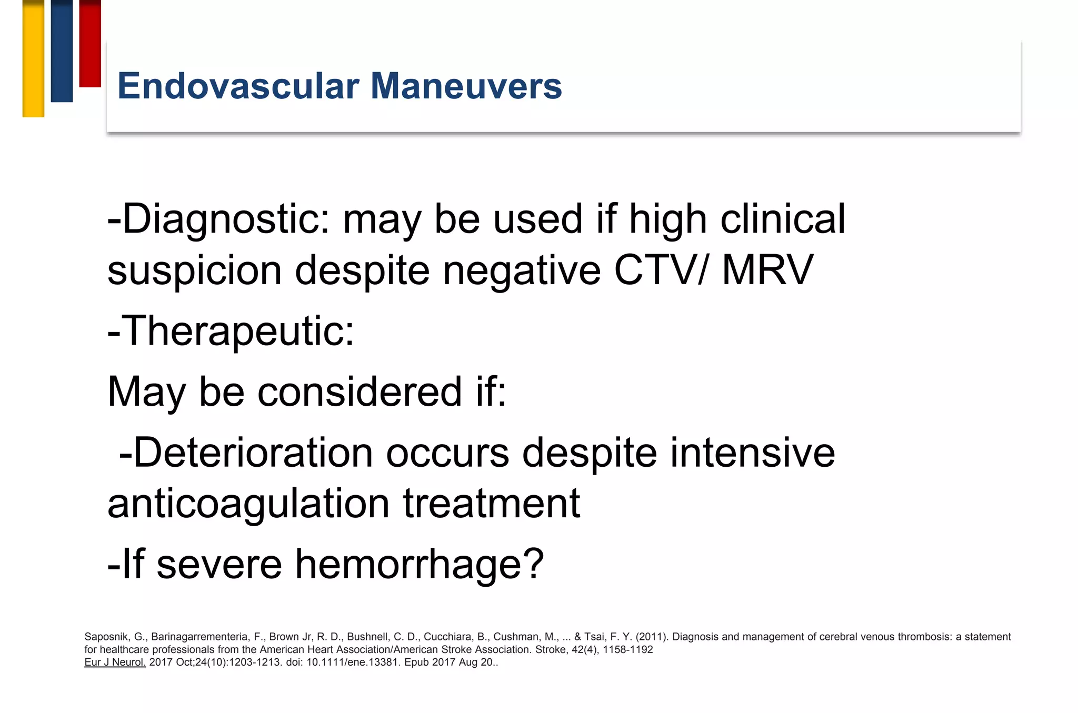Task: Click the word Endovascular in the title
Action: point(238,86)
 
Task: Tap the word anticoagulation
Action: point(248,504)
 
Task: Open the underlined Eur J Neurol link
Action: point(115,662)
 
